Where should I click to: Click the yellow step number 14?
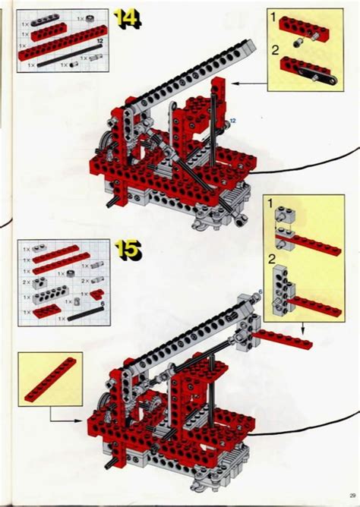pyautogui.click(x=128, y=19)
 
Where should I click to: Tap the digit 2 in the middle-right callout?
pyautogui.click(x=271, y=259)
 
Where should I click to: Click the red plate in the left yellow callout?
pyautogui.click(x=50, y=380)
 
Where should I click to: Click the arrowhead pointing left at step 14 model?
pyautogui.click(x=233, y=83)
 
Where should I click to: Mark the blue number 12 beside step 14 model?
pyautogui.click(x=232, y=119)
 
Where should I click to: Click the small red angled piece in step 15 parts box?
pyautogui.click(x=96, y=295)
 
